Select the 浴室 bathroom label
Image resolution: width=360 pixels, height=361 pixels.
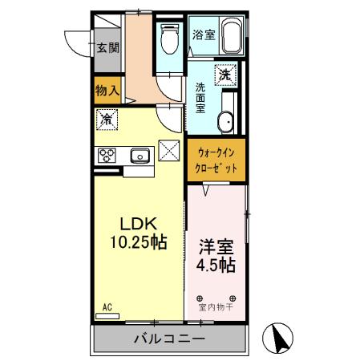coord(203,34)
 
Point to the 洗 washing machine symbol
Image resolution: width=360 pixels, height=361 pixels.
coord(227,75)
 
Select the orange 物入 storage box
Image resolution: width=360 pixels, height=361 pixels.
coord(107,91)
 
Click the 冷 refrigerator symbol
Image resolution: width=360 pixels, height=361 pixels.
coord(107,120)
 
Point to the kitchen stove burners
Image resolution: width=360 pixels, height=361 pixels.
coord(107,155)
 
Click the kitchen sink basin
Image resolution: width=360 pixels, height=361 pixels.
coord(136,154)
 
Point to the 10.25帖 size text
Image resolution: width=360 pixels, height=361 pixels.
coord(137,241)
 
